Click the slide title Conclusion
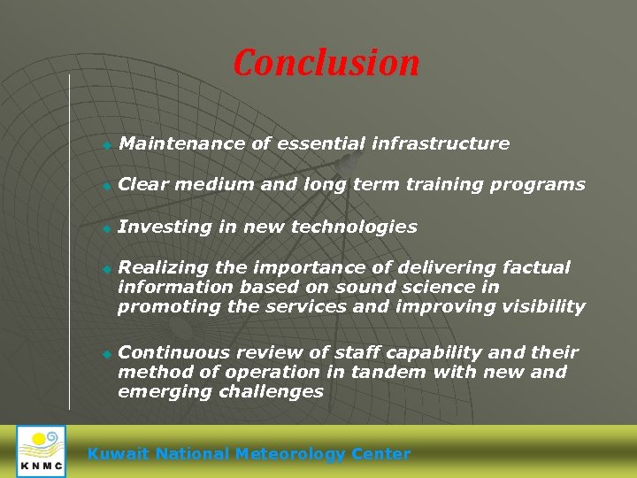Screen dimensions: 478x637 tap(326, 63)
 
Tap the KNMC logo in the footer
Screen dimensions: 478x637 tap(41, 451)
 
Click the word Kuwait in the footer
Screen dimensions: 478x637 tap(119, 454)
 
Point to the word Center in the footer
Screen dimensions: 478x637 tap(381, 454)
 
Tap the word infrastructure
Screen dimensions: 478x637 tap(441, 143)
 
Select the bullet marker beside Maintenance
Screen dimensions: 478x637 tap(105, 144)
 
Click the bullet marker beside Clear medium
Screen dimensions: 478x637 tap(105, 186)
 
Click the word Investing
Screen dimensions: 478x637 tap(165, 227)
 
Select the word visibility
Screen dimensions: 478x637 tap(543, 306)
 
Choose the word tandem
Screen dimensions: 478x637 tap(389, 372)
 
